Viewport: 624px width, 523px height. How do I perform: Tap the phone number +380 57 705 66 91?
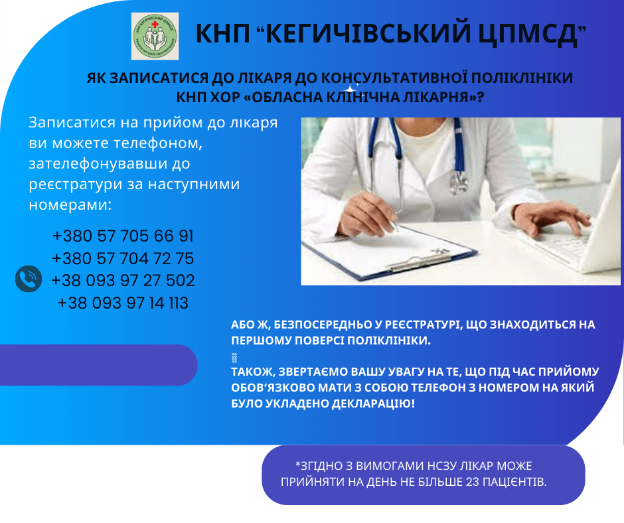click(x=123, y=236)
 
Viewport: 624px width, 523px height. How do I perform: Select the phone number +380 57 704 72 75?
click(x=123, y=258)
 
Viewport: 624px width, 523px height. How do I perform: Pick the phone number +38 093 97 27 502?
click(x=123, y=280)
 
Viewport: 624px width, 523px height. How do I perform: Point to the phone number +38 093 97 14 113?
click(x=123, y=303)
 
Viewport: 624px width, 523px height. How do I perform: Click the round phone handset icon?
click(x=29, y=279)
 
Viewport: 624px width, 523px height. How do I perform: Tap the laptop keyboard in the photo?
click(x=571, y=246)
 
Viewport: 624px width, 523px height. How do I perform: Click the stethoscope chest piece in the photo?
click(x=458, y=181)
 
